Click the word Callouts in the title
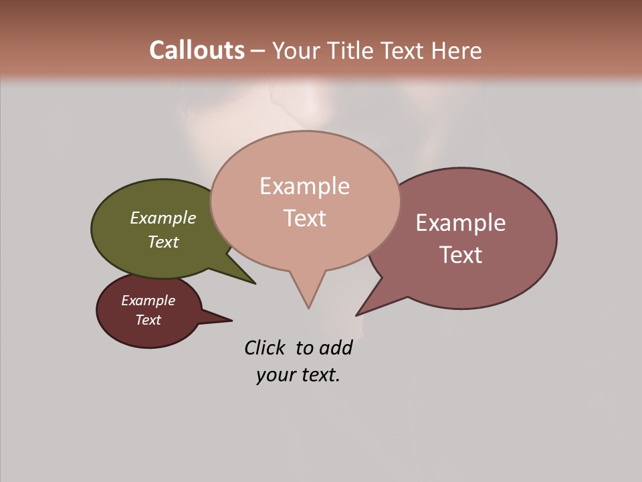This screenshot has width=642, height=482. point(197,50)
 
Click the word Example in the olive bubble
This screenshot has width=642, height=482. point(163,218)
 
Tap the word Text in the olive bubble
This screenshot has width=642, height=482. point(163,242)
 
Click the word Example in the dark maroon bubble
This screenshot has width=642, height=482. point(148,301)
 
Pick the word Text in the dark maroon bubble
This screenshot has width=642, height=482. point(148,320)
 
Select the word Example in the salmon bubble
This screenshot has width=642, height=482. point(304,186)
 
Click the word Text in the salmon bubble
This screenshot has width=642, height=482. point(304,218)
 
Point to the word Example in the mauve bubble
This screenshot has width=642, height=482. point(461,223)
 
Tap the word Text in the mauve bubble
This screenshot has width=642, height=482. point(461,255)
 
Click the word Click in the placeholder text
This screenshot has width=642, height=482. point(264,348)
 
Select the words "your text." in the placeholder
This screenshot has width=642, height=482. point(298,375)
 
